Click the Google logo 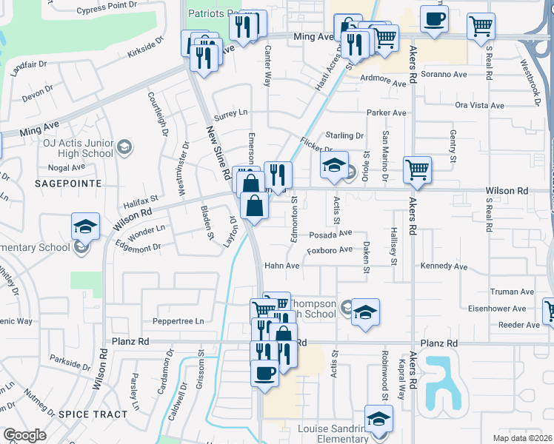tap(24, 435)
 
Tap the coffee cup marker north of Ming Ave tap(434, 20)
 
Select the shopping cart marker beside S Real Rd tap(481, 26)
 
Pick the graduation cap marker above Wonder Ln tap(86, 227)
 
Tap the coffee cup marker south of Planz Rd tap(264, 374)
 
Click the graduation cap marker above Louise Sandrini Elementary tap(378, 420)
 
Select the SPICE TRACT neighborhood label tap(93, 414)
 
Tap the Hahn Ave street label tap(281, 266)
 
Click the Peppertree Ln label tap(178, 322)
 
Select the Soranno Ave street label tap(444, 75)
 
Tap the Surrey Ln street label tap(230, 114)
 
